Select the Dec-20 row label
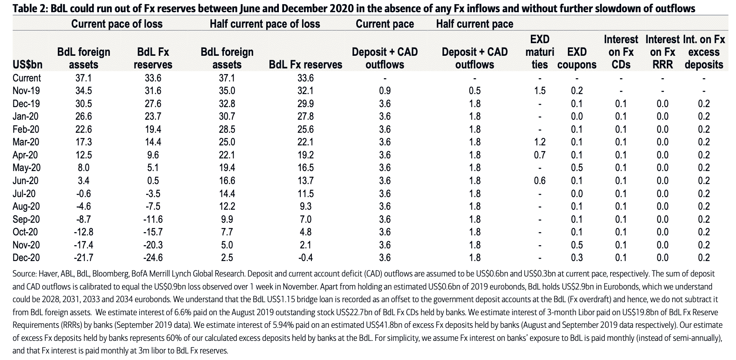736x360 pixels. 26,258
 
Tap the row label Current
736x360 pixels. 27,78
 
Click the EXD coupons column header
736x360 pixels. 577,58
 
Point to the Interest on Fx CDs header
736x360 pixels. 621,52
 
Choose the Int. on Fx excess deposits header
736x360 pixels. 704,52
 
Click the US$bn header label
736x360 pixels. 27,64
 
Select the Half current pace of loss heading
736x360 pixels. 265,24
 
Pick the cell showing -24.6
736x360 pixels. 153,258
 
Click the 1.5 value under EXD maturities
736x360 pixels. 540,91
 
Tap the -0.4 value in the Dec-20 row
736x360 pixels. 305,258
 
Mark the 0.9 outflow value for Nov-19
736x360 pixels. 385,91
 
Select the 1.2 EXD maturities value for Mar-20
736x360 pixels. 540,142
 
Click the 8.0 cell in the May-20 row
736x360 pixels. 83,168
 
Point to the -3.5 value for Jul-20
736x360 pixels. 153,193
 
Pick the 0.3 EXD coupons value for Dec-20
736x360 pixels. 577,258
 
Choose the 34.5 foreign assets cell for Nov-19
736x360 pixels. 83,91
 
